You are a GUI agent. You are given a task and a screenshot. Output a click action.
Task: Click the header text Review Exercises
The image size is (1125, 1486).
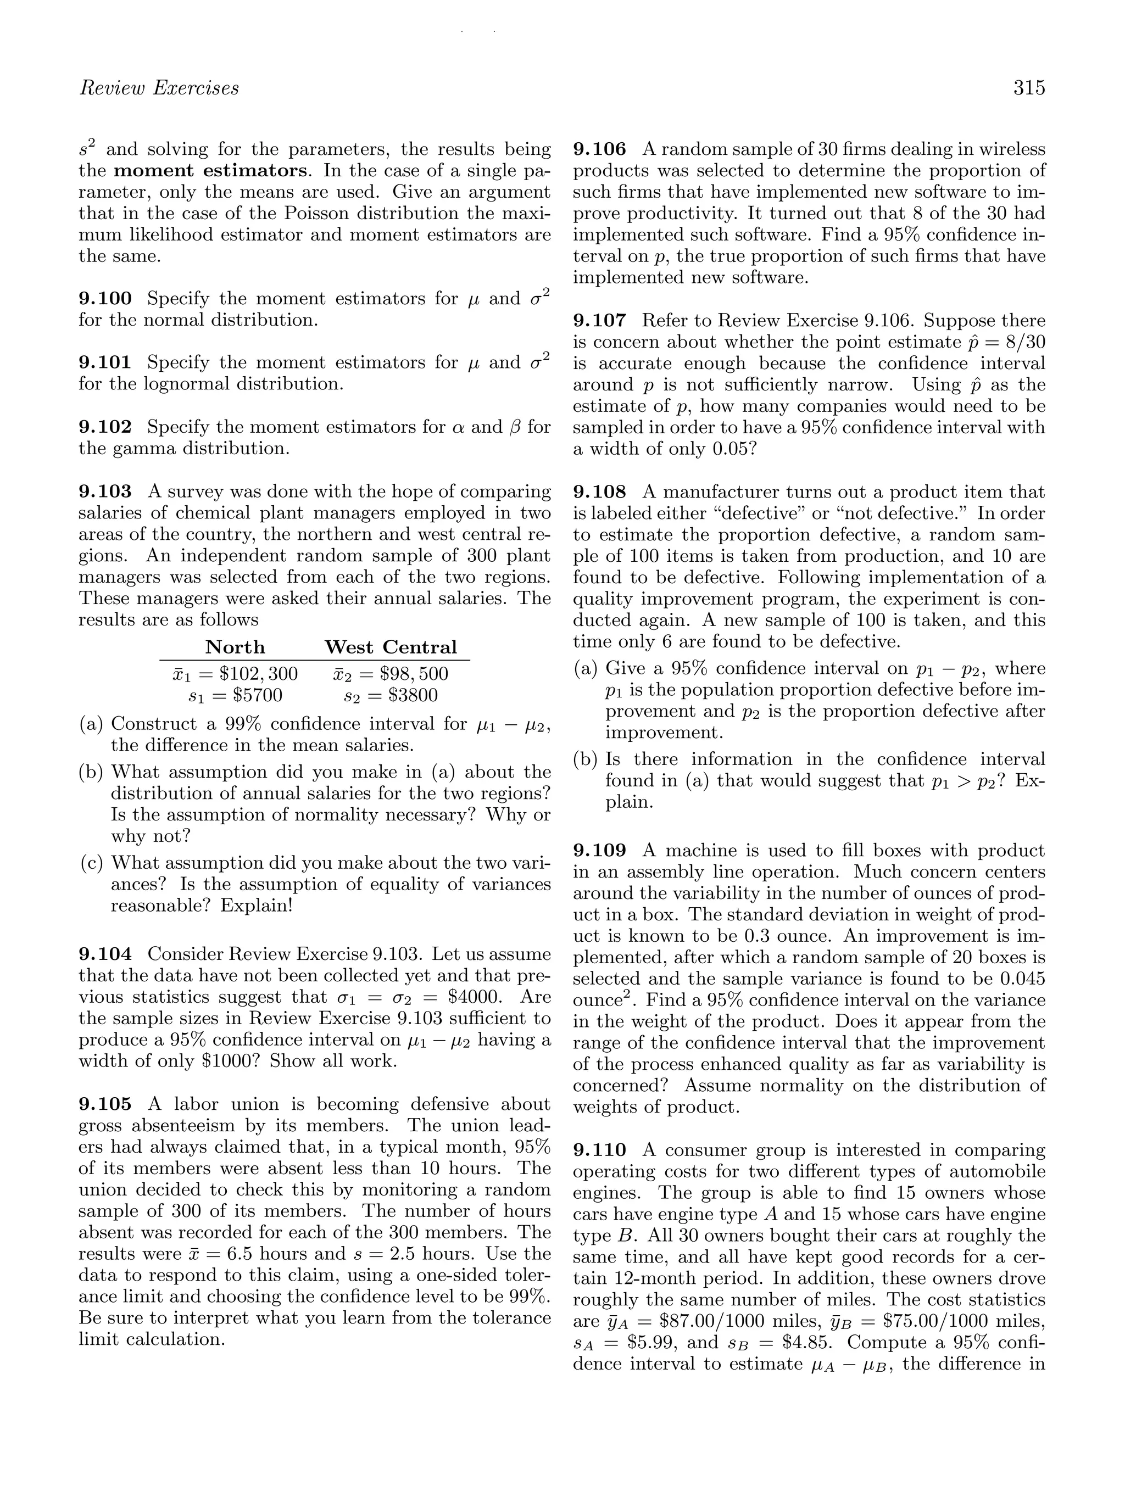159,88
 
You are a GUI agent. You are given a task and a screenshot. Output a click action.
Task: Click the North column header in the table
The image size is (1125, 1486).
235,647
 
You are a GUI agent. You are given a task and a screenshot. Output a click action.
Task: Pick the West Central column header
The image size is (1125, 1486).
391,647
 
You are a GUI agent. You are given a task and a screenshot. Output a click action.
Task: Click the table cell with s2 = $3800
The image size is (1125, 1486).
391,695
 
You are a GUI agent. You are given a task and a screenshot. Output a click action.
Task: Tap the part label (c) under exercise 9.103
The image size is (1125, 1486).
91,863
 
